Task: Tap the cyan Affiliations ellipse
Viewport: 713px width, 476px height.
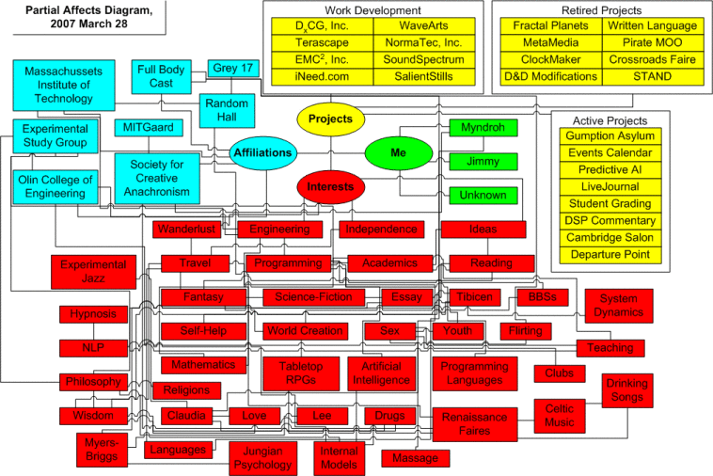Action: (x=263, y=152)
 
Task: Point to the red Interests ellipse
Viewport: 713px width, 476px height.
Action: (x=330, y=186)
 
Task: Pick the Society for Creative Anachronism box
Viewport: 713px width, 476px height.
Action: (x=156, y=177)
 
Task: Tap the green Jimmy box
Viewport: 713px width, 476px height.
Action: (x=483, y=162)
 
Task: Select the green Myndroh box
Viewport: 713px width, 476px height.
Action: (x=483, y=128)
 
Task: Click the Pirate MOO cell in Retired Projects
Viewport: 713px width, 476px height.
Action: (x=640, y=42)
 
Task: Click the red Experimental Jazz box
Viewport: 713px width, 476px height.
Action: (x=92, y=272)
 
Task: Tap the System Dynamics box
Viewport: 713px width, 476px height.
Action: (x=620, y=306)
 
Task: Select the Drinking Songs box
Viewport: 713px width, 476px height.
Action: (x=626, y=391)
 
